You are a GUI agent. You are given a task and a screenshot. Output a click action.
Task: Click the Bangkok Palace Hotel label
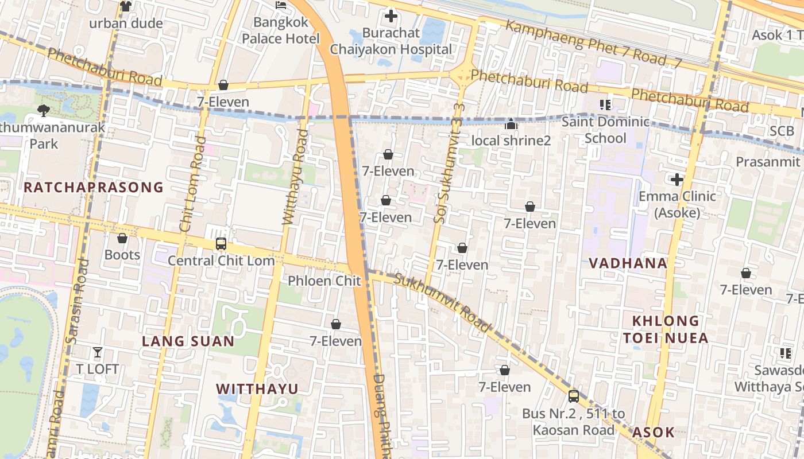point(280,30)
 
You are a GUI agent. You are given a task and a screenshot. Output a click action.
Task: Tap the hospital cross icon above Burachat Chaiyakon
point(391,16)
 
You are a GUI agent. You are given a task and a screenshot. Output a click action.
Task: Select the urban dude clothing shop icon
point(126,6)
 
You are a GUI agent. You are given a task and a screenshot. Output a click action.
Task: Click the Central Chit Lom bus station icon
point(221,244)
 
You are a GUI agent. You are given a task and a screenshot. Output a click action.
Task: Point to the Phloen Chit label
point(324,281)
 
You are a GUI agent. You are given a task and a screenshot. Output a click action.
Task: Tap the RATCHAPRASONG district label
point(94,187)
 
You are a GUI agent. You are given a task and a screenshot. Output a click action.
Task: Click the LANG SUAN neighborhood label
point(188,341)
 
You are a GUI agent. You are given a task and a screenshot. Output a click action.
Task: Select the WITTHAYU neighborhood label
point(257,389)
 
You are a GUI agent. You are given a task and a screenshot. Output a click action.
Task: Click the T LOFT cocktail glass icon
point(98,352)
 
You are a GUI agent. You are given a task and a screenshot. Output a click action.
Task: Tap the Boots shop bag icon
point(122,238)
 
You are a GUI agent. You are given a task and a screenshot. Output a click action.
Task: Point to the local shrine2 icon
point(511,124)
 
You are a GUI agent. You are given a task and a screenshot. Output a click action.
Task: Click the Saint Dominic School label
point(605,130)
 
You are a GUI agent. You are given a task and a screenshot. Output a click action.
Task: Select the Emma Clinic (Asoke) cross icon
point(677,180)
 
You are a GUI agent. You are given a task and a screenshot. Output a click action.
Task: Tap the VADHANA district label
point(628,263)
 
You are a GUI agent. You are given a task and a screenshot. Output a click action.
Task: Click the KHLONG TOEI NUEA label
point(666,329)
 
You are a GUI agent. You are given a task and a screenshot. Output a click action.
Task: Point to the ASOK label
point(653,432)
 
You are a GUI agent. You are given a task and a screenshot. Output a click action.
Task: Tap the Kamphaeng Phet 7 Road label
point(592,44)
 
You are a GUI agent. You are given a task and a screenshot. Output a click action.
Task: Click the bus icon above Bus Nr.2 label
point(573,396)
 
